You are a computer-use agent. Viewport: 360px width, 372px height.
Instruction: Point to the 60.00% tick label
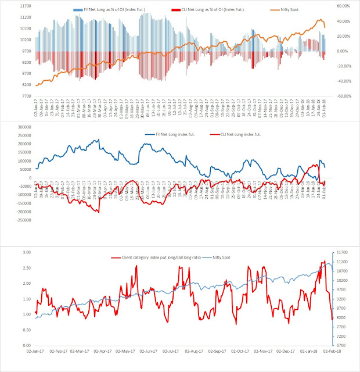click(343, 6)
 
